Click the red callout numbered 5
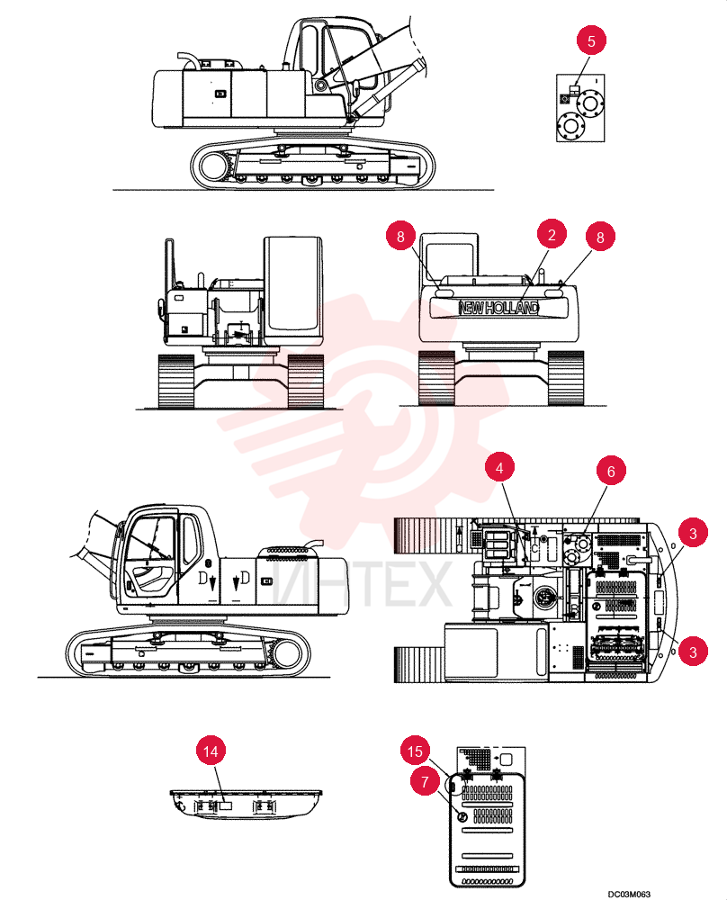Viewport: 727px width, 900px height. click(x=591, y=40)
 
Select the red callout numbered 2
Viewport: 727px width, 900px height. click(x=552, y=234)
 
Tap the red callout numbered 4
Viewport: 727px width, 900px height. click(x=499, y=467)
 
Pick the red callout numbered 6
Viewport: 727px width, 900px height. click(x=611, y=471)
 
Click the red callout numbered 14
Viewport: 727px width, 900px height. click(x=211, y=751)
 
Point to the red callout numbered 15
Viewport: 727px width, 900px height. click(x=415, y=751)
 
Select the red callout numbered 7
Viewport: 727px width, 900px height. click(x=425, y=781)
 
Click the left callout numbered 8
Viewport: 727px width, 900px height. click(x=400, y=236)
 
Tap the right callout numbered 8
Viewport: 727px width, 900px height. click(x=600, y=237)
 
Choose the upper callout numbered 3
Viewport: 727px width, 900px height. click(x=693, y=533)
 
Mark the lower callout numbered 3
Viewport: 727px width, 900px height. click(x=693, y=652)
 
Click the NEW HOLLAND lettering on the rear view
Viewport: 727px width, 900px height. click(x=499, y=308)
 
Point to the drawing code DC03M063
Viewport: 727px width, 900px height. click(x=630, y=894)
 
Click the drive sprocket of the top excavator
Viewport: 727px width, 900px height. click(x=215, y=166)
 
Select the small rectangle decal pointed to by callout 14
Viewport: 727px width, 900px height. click(x=226, y=805)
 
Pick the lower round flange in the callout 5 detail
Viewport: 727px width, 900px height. click(x=570, y=125)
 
